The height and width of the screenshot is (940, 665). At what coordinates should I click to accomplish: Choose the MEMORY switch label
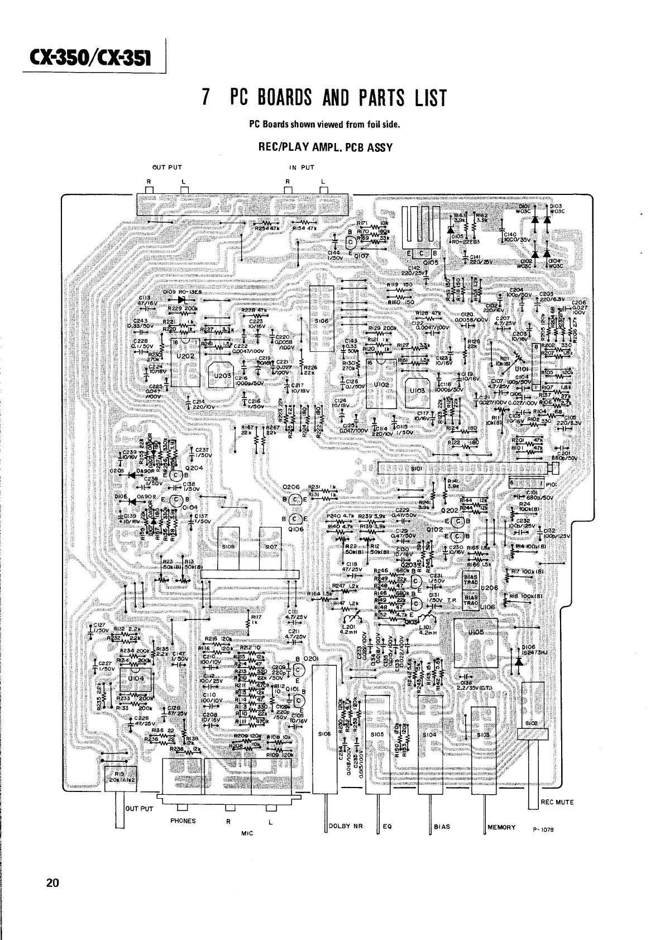click(501, 827)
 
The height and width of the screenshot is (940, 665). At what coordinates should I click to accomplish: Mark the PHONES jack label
click(183, 820)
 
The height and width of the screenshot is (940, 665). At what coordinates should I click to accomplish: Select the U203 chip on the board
click(223, 376)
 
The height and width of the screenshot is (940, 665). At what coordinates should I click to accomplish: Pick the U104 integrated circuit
click(136, 677)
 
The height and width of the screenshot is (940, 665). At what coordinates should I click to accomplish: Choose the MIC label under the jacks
click(247, 832)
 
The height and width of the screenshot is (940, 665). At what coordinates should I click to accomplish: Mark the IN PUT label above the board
click(302, 166)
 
